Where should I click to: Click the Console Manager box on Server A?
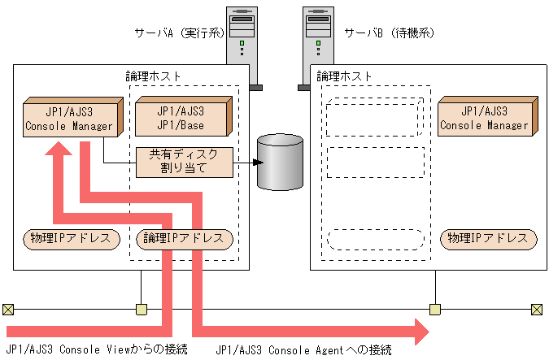(x=70, y=118)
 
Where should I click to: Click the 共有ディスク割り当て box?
(x=183, y=163)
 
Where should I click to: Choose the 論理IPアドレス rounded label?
(x=183, y=239)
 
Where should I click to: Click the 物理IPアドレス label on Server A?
(x=71, y=239)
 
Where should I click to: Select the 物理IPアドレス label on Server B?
(x=488, y=239)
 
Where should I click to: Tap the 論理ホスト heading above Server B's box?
(x=344, y=76)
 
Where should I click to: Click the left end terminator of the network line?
(x=8, y=309)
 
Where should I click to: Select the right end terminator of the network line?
(x=536, y=309)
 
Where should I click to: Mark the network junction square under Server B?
(x=435, y=309)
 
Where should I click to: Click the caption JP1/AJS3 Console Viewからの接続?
(x=96, y=349)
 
